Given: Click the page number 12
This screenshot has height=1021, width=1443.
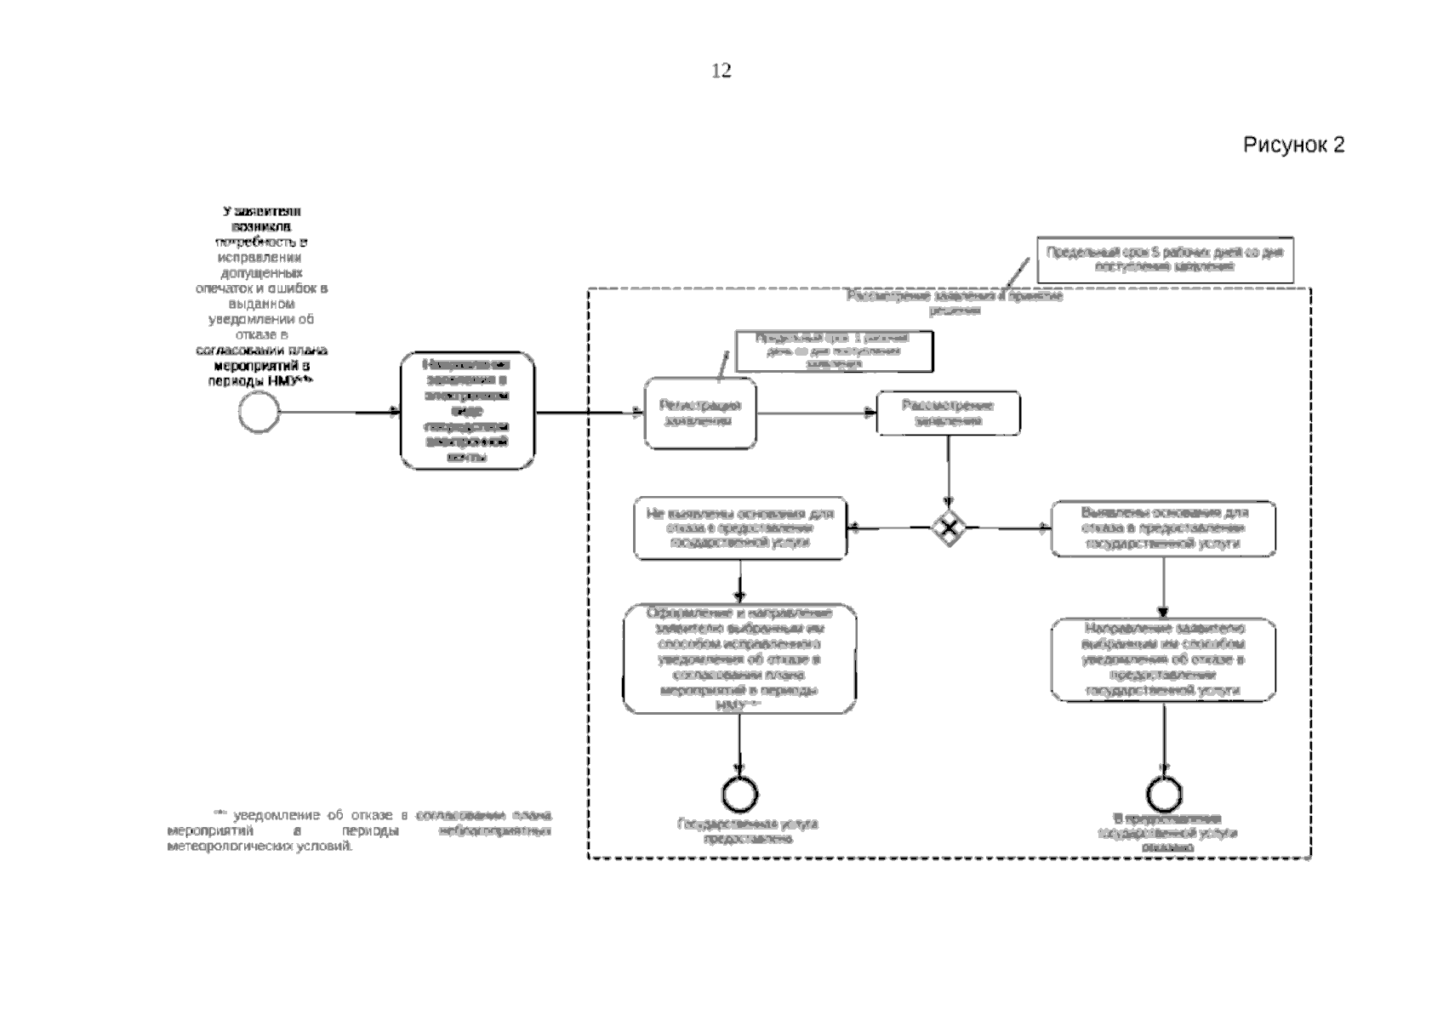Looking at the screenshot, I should [721, 71].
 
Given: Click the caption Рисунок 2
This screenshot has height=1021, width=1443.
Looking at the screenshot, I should [1293, 145].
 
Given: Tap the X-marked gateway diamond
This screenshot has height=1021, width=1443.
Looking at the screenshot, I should [948, 528].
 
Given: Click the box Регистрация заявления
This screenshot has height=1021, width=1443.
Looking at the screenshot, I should [700, 414].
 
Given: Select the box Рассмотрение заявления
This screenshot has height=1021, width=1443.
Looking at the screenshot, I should [948, 414].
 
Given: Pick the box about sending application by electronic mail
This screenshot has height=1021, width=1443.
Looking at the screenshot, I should [468, 411].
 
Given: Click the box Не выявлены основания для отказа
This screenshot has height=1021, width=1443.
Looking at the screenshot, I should [740, 528].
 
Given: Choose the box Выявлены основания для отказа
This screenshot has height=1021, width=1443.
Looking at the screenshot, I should [1163, 528].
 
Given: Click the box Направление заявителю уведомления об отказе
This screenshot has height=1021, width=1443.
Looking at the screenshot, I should [1163, 660].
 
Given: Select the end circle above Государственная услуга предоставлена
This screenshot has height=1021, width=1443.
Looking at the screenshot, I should [739, 794].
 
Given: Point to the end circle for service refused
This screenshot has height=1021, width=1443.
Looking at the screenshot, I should [1163, 794].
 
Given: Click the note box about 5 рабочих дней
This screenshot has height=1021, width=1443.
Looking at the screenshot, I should [1165, 260].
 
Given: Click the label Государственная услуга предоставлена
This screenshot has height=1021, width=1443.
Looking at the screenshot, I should [747, 831].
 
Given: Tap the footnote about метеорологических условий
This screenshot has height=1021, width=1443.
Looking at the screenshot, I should [359, 831].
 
